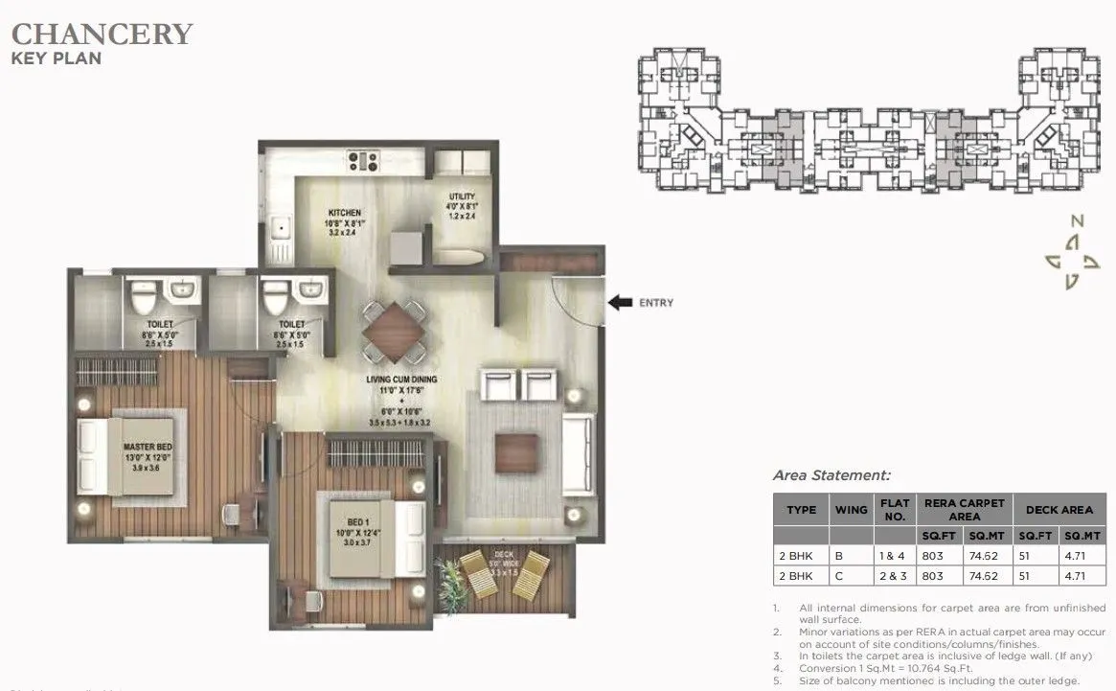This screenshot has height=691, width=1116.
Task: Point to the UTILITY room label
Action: click(462, 196)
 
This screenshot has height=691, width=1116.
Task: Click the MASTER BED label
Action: click(147, 447)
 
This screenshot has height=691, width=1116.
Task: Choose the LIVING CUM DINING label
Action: click(401, 380)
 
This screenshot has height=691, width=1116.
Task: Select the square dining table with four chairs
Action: click(394, 326)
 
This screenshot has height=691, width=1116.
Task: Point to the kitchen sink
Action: click(281, 229)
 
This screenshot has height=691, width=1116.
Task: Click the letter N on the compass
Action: click(1077, 220)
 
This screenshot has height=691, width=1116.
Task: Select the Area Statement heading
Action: click(831, 474)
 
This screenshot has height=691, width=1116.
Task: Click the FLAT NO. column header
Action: click(893, 510)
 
